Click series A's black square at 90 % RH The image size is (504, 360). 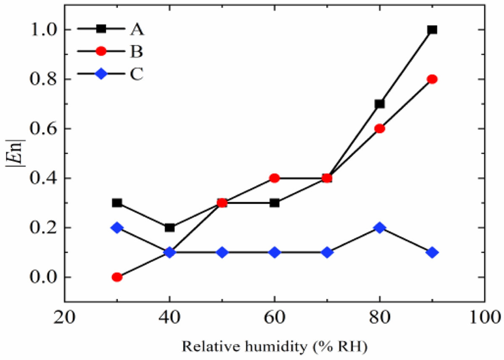(x=432, y=30)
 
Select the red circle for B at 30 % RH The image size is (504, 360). (x=117, y=277)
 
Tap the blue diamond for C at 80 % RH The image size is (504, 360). (x=380, y=228)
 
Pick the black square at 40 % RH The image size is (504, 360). (x=170, y=228)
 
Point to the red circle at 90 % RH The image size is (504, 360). (x=432, y=79)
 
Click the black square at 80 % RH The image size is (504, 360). (x=380, y=104)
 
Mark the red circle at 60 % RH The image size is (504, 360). (x=275, y=178)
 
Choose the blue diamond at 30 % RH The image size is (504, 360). (x=117, y=228)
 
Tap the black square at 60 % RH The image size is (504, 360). (x=275, y=203)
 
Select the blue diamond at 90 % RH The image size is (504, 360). (x=432, y=252)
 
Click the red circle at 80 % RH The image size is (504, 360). (x=380, y=129)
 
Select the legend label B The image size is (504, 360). (x=136, y=52)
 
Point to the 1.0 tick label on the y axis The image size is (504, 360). (x=45, y=30)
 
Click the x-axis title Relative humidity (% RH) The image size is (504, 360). (x=275, y=347)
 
